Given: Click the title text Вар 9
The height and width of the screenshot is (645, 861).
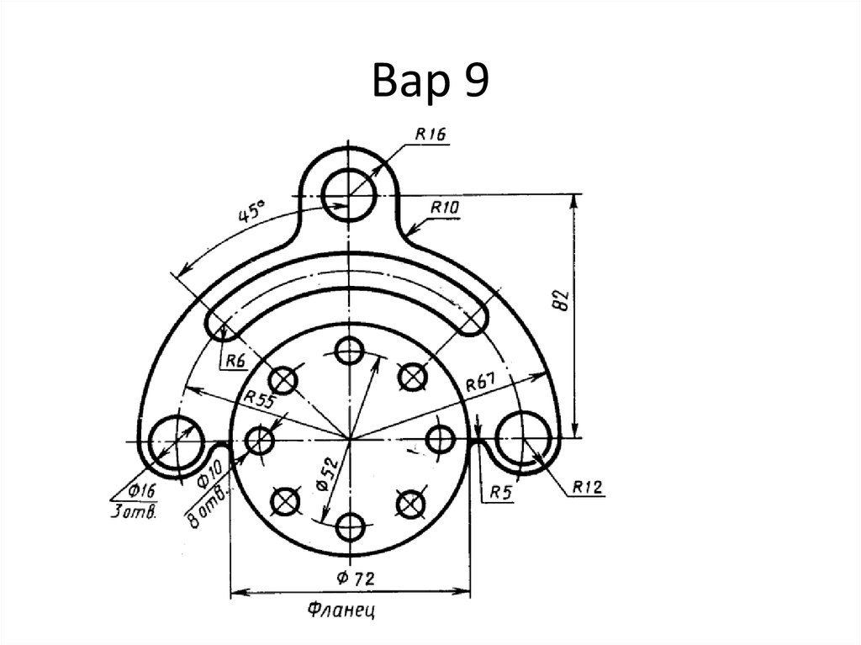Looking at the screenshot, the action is coord(430,80).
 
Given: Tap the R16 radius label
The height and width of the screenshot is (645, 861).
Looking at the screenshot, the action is coord(430,134).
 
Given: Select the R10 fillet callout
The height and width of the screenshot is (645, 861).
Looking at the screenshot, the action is coord(444,208).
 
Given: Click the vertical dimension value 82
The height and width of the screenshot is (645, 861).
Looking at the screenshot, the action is coord(563,300).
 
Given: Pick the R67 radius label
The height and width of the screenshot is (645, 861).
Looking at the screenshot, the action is coord(480,383).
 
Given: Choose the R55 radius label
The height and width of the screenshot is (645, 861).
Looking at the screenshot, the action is coord(259,399).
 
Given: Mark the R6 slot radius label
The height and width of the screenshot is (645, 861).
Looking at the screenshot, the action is coord(235,361).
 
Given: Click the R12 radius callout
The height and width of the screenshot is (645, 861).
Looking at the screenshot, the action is coord(587,487).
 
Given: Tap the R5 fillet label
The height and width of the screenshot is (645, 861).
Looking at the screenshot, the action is coord(501,492).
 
